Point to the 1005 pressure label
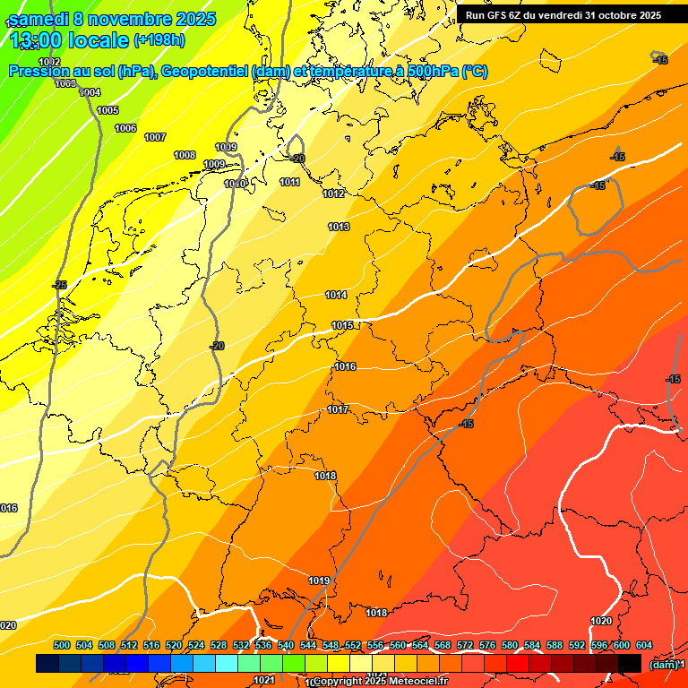tap(107, 110)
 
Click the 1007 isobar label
tap(155, 137)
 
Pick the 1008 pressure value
tap(185, 155)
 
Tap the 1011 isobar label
tap(289, 182)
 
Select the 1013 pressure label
tap(339, 227)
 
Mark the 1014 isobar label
tap(336, 295)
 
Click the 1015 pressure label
tap(342, 325)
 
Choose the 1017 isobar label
tap(338, 409)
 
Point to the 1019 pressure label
tap(319, 580)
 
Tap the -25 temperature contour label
tap(60, 285)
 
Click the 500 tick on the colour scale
tap(62, 645)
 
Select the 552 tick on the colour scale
tap(353, 645)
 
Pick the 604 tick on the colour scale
tap(644, 645)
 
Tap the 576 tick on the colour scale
tap(487, 645)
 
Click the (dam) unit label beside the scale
tap(663, 664)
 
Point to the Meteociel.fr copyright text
tap(380, 682)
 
